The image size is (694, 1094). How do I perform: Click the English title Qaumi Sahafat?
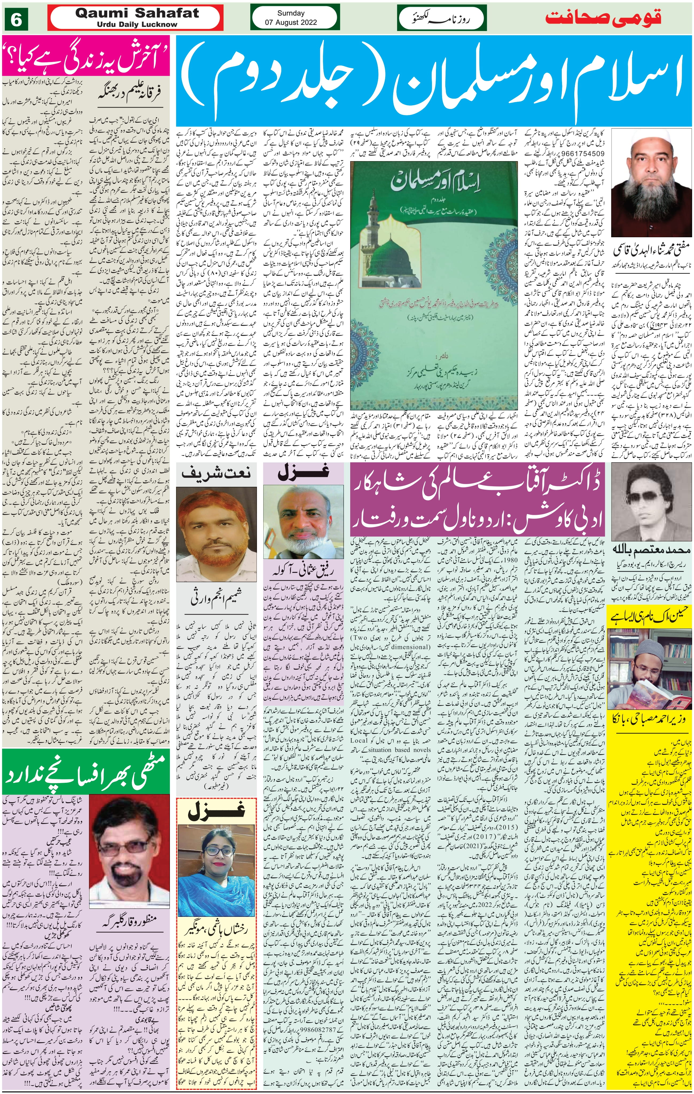coord(137,13)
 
